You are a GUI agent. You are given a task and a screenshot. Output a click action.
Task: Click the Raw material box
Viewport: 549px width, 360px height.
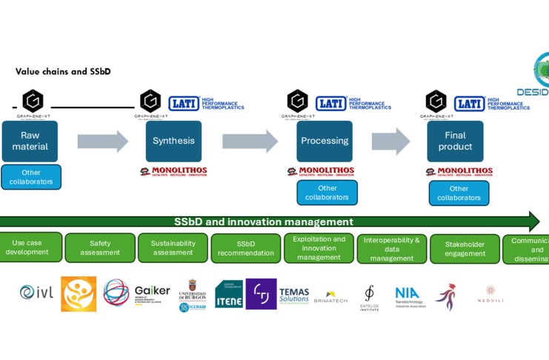tap(30, 141)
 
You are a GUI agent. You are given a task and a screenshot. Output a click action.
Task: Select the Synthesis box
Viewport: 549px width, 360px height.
tap(173, 141)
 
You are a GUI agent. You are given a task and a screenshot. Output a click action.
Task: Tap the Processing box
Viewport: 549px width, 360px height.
tap(325, 141)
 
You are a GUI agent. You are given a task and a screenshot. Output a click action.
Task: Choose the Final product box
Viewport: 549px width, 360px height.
tap(455, 141)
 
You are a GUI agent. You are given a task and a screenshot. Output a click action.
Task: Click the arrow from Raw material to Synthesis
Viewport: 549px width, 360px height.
tap(102, 141)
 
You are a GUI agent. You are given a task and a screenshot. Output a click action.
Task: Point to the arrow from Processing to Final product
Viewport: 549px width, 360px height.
tap(390, 141)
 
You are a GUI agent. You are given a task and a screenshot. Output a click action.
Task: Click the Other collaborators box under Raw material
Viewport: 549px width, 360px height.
tap(31, 177)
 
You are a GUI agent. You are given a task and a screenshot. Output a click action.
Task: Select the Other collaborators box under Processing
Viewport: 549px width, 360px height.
tap(327, 193)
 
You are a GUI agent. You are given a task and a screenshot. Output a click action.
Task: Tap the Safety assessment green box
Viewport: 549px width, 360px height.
tap(100, 248)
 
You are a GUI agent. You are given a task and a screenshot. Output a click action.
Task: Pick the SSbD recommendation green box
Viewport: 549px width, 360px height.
tap(245, 248)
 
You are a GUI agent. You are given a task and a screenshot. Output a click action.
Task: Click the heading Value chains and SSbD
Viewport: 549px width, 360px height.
tap(63, 72)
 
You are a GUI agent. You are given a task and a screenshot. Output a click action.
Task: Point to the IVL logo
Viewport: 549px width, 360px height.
tap(36, 293)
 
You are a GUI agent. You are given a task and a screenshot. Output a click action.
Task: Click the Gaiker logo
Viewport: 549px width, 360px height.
tap(152, 292)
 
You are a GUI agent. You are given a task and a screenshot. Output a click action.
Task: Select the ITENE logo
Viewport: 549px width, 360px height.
tap(228, 295)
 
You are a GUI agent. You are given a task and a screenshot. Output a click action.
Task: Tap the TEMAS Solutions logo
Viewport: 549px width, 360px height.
tap(294, 295)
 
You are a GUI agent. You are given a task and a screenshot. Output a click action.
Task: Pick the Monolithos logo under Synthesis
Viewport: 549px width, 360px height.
tap(173, 172)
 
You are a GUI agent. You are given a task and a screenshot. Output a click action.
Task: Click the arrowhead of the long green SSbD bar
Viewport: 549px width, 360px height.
tap(534, 221)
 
